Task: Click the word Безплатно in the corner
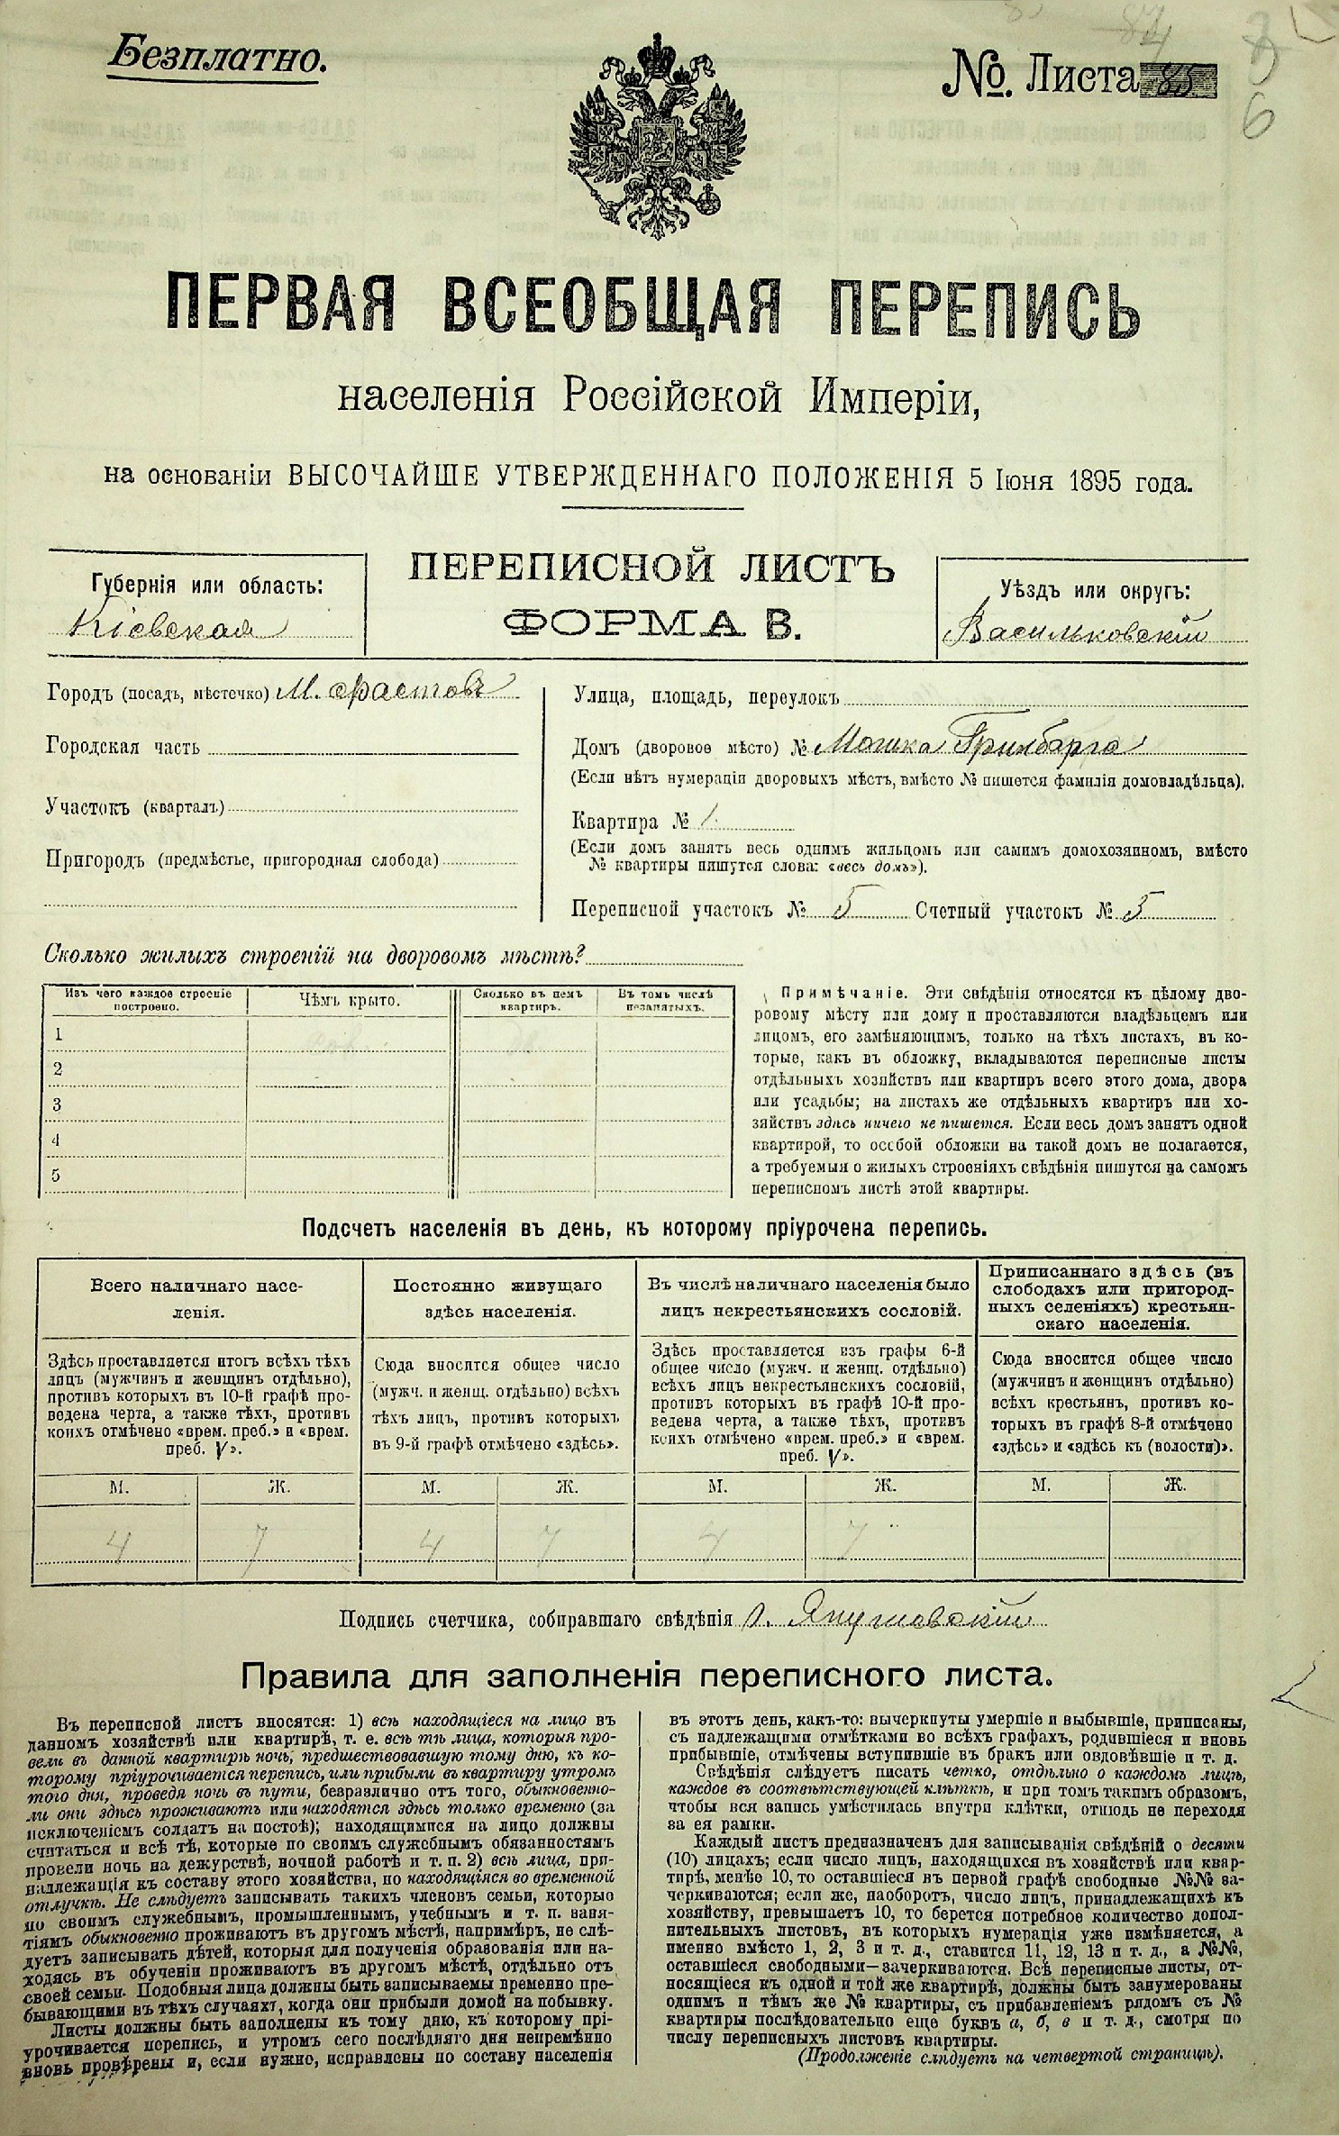215,58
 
